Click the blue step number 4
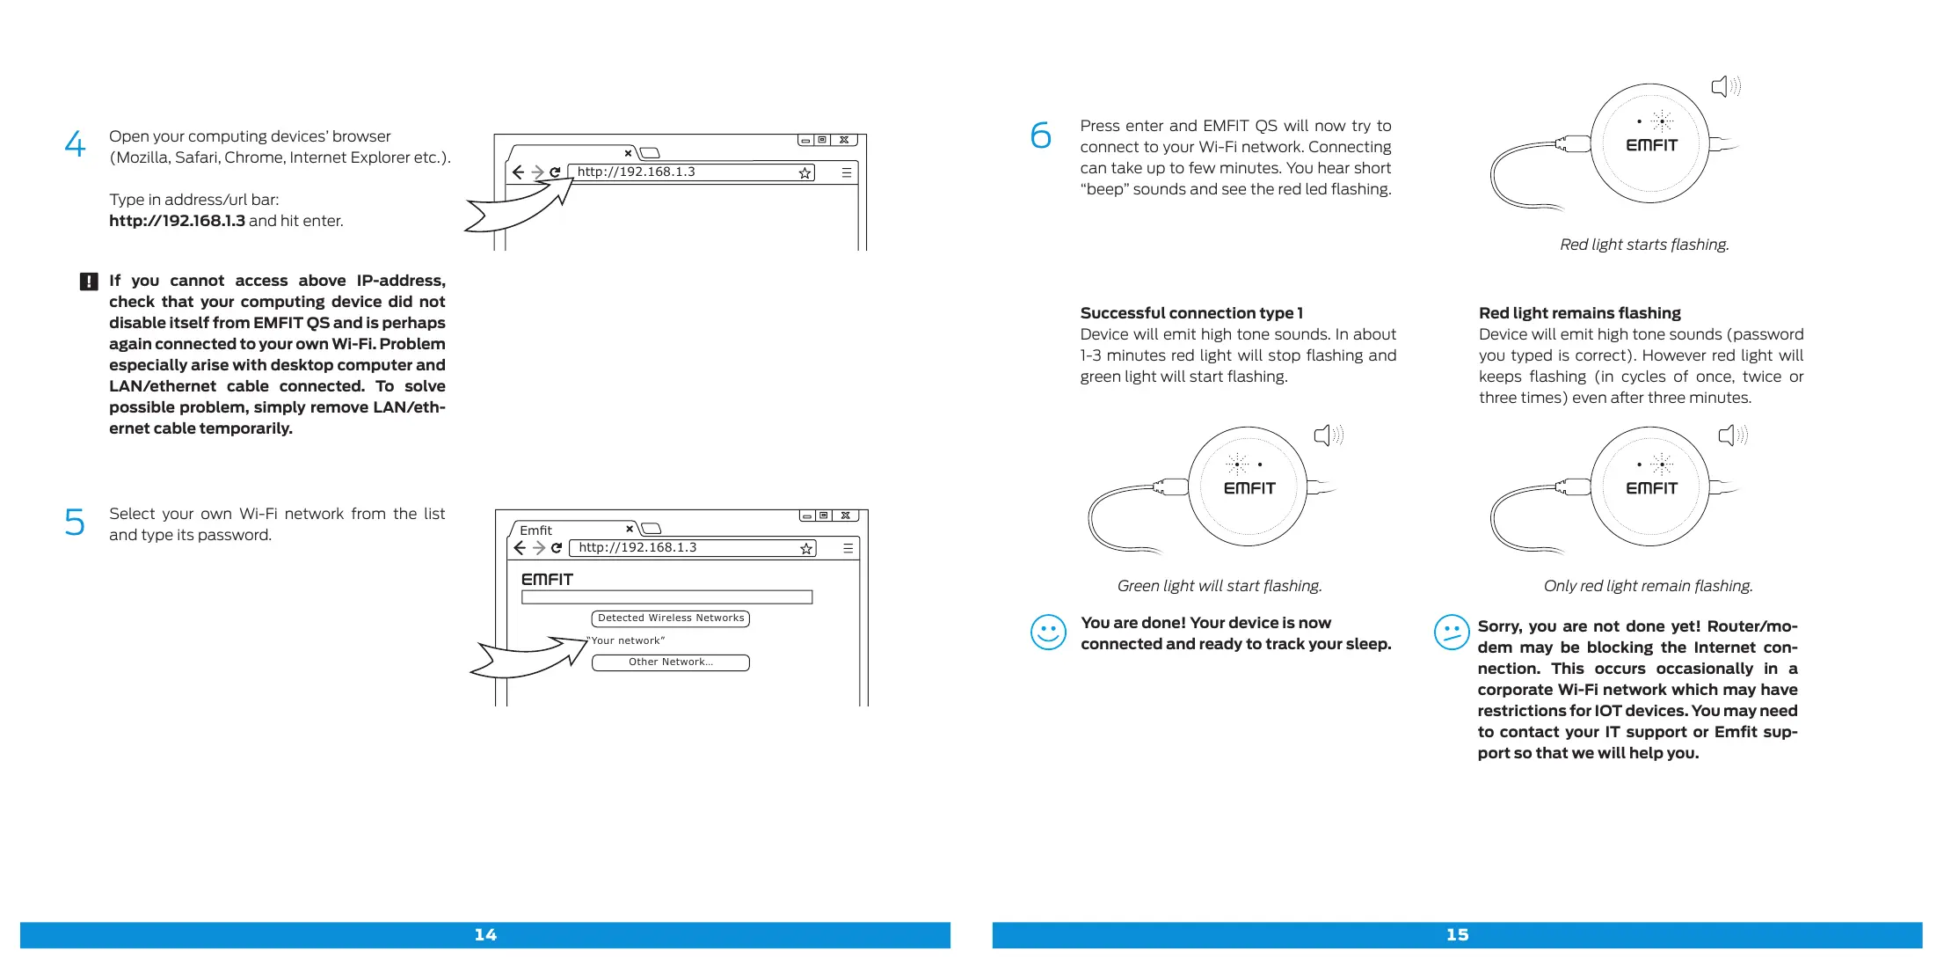pos(76,143)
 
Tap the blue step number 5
pos(75,522)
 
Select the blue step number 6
pos(1040,135)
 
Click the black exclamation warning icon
pos(89,282)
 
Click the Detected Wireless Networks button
pos(671,618)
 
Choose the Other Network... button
pos(671,662)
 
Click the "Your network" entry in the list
pos(628,640)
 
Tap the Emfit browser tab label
pos(535,530)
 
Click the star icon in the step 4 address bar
pos(805,173)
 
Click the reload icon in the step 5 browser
pos(556,548)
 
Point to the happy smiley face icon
pos(1048,632)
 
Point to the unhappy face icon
pos(1451,632)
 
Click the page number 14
pos(485,934)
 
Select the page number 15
pos(1457,934)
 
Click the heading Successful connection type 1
pos(1191,313)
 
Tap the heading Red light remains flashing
pos(1579,313)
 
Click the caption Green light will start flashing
pos(1220,586)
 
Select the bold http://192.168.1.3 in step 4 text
pos(177,221)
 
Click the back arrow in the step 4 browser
pos(519,172)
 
